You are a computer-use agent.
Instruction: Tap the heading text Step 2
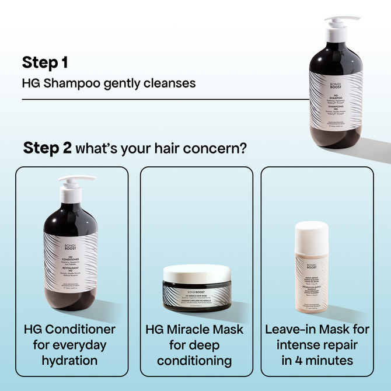pyautogui.click(x=47, y=148)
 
